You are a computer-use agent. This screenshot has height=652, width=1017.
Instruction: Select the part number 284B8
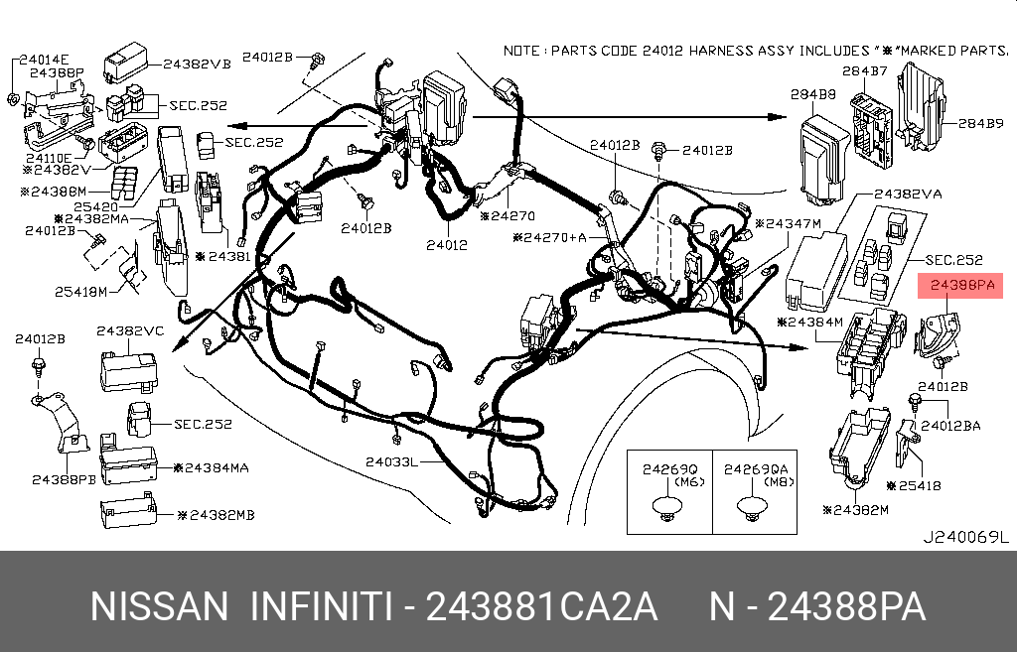812,96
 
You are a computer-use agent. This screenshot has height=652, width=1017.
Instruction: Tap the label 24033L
390,462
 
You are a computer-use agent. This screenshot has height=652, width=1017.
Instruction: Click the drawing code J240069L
965,538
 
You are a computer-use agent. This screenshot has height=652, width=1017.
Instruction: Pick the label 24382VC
130,330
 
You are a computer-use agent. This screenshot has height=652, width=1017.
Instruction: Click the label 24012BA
950,425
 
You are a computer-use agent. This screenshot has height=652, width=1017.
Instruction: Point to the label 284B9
981,124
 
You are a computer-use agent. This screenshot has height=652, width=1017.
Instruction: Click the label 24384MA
211,466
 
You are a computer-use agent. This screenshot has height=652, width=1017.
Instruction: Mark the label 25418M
81,292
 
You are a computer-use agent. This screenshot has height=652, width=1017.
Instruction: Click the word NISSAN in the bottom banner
160,606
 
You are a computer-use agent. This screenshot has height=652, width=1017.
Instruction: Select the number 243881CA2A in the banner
541,606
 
